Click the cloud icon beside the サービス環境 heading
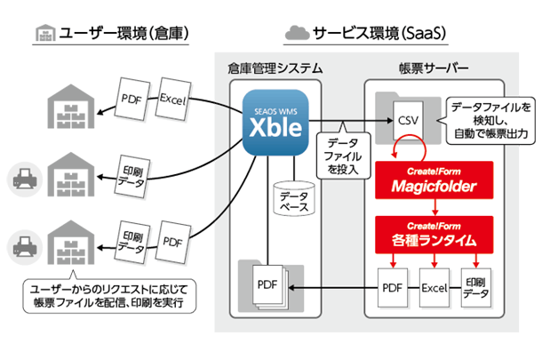tap(295, 34)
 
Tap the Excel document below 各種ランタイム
tap(432, 290)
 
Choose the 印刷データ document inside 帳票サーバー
tap(476, 290)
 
